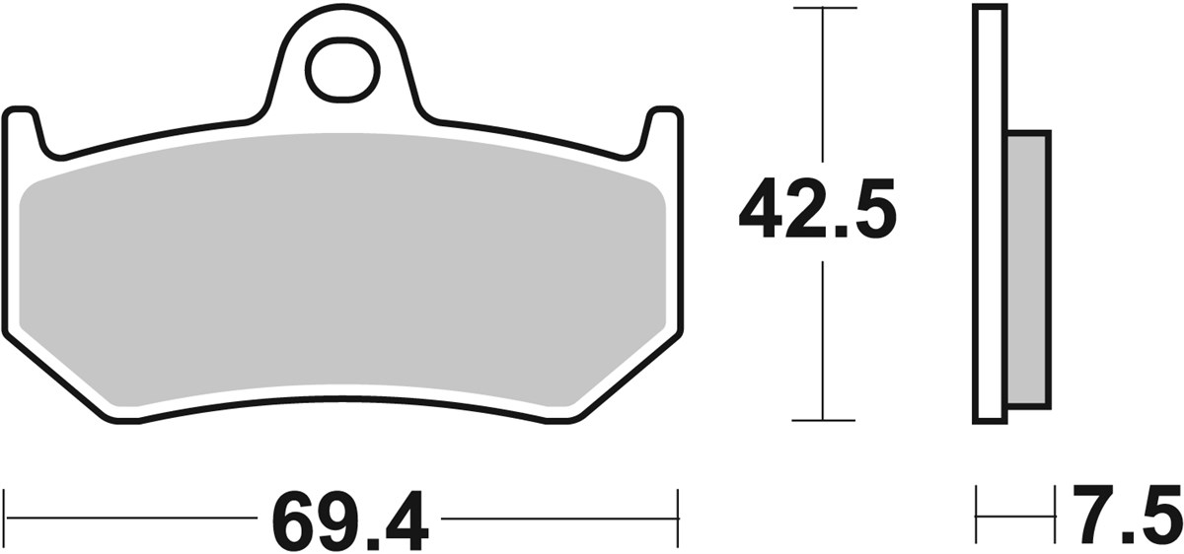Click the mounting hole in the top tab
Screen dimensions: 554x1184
click(342, 70)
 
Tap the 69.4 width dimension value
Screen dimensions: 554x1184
click(349, 519)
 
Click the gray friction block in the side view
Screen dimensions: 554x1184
click(1028, 270)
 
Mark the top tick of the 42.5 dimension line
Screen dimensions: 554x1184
click(823, 8)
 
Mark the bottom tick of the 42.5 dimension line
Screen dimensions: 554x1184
click(823, 421)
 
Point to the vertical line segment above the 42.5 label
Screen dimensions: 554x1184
click(823, 89)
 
